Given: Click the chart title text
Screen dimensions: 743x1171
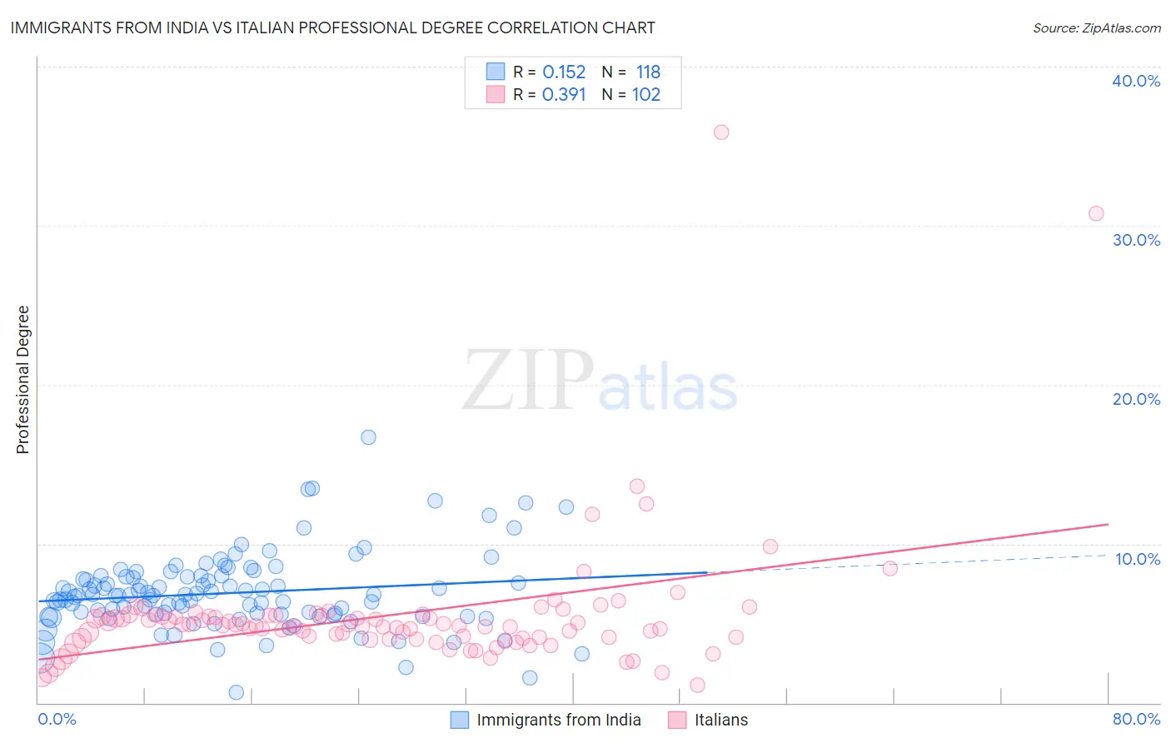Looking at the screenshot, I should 332,27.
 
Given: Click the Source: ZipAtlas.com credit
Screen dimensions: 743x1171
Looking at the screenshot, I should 1096,27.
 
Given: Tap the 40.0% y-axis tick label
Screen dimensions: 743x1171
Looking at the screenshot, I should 1136,81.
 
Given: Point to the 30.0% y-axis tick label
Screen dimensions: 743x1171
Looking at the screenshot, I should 1136,240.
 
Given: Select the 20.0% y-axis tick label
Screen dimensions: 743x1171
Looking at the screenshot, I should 1136,399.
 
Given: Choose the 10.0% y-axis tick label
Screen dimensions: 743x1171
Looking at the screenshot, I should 1138,559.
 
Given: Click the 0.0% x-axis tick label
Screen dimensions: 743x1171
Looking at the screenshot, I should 57,719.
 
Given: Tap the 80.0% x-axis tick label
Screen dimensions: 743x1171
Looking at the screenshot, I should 1136,719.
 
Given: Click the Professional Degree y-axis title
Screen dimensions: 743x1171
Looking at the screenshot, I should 22,380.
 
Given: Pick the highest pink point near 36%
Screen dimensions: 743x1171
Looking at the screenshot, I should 721,132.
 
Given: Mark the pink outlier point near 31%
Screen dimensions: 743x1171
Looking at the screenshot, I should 1096,213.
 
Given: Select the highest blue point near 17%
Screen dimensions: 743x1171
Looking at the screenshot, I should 368,437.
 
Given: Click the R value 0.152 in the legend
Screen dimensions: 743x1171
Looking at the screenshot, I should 564,72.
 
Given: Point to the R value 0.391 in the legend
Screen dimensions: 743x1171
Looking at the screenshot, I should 564,95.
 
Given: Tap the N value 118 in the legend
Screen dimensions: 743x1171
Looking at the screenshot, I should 648,72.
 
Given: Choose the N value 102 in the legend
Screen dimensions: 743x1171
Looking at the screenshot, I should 646,95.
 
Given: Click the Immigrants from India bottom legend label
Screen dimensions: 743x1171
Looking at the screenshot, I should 559,720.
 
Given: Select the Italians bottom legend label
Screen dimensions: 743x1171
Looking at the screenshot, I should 721,720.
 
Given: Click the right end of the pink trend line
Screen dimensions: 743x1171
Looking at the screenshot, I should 1108,524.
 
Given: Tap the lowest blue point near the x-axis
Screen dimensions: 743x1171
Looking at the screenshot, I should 237,692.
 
